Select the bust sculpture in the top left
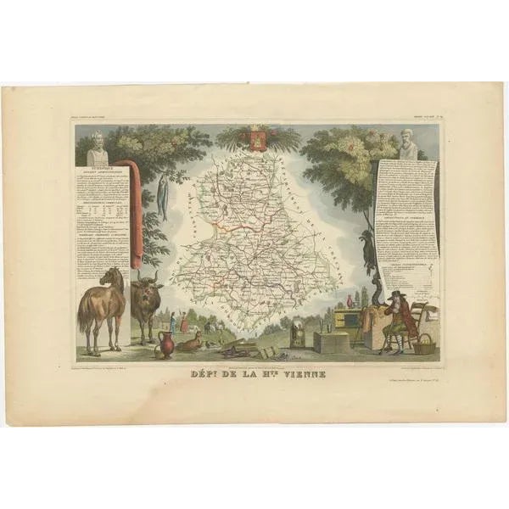click(x=98, y=148)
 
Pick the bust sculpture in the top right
click(x=408, y=145)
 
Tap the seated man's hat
click(x=396, y=294)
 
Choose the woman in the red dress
click(x=184, y=322)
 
